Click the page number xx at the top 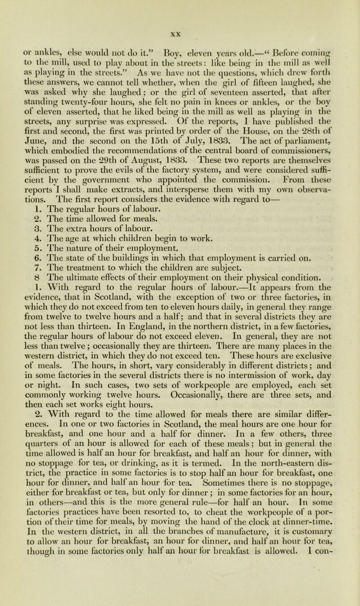tap(180, 7)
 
